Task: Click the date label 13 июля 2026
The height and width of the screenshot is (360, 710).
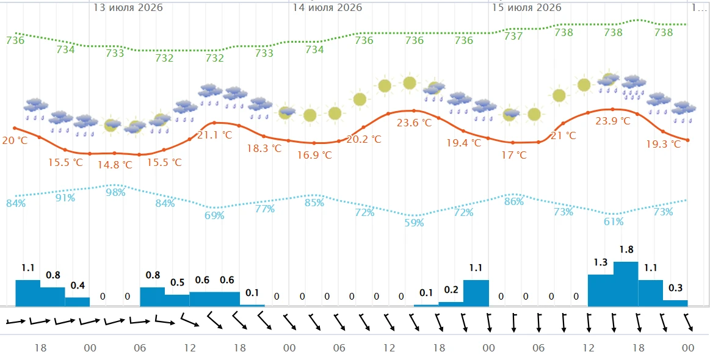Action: (128, 8)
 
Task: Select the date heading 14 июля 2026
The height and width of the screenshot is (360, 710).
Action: (327, 8)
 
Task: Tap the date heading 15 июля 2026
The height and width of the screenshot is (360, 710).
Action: (527, 8)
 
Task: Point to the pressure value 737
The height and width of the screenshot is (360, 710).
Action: (513, 36)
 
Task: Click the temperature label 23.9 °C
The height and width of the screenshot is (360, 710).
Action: (613, 121)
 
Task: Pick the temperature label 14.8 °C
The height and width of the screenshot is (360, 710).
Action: (115, 165)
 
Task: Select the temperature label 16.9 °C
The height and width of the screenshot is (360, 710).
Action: (314, 155)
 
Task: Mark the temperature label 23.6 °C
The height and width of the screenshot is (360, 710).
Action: (414, 123)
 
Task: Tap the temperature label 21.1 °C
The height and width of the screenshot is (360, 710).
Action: (215, 135)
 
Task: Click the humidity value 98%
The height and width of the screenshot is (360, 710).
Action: (115, 192)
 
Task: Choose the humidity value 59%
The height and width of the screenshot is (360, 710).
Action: (414, 223)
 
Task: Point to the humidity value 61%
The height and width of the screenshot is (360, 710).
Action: (613, 221)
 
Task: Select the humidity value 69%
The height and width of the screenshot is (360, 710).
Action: (215, 215)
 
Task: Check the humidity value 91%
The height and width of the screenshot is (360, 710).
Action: (65, 198)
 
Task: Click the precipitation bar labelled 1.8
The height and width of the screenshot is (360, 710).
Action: (626, 284)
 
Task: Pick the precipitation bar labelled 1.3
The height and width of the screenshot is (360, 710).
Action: (601, 290)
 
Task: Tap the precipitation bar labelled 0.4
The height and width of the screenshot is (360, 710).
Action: (78, 301)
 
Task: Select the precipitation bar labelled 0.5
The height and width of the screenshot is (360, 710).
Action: (177, 300)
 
